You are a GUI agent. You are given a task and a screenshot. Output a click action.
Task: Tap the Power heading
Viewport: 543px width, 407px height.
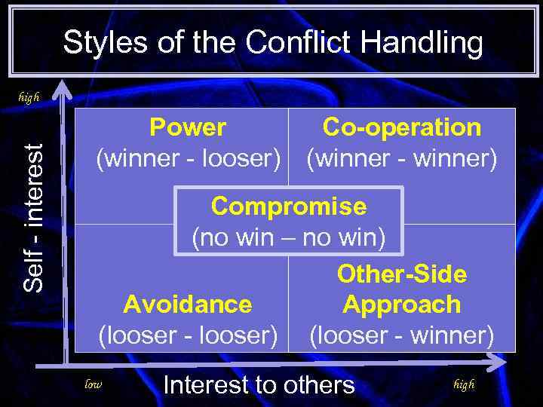[x=188, y=127]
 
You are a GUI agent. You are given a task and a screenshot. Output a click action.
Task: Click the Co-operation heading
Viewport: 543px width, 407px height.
[x=401, y=127]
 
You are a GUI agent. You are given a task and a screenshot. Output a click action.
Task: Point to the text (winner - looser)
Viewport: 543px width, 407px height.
[x=188, y=159]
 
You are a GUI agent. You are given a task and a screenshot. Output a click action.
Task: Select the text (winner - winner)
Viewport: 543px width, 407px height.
[x=401, y=159]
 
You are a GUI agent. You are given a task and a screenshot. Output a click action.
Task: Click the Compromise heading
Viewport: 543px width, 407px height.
[x=289, y=206]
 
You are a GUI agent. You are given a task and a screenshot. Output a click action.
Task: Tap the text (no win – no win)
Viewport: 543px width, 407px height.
[x=289, y=238]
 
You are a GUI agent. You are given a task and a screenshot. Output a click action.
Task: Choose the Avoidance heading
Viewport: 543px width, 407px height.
[x=188, y=304]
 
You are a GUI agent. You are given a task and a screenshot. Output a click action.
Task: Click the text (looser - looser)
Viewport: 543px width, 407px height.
[x=188, y=335]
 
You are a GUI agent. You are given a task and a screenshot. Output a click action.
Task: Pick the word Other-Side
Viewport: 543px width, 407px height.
[x=401, y=274]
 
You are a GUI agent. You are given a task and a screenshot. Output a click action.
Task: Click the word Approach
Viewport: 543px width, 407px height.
[x=401, y=304]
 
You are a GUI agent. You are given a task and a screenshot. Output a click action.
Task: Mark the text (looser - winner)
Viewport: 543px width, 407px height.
[x=401, y=335]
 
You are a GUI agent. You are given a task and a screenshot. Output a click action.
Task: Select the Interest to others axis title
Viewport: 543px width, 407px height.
[x=259, y=385]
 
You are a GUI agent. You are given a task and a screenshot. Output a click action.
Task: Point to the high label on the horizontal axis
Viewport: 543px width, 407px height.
[x=464, y=384]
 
